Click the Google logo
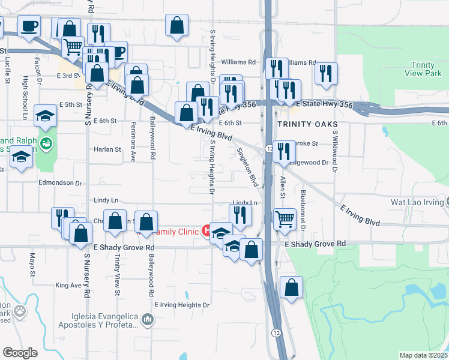20,352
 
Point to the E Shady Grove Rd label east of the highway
315,244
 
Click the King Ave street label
68,285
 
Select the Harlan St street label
108,149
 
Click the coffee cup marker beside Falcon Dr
29,26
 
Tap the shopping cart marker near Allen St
285,218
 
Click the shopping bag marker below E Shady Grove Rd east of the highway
291,287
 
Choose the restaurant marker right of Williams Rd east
325,73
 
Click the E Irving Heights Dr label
182,305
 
